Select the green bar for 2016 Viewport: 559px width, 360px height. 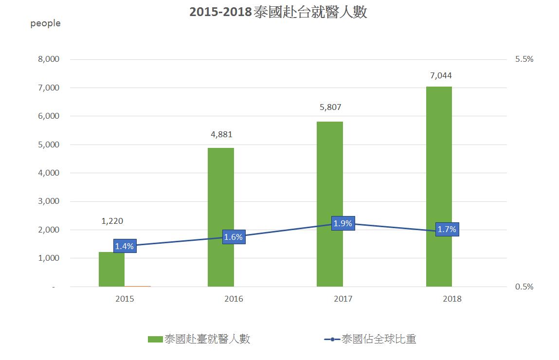(x=220, y=217)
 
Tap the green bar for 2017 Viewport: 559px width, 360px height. (x=329, y=204)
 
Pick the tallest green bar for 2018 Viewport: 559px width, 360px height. (x=439, y=186)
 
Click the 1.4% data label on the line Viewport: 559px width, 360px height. (x=125, y=246)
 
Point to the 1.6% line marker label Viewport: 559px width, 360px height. (x=234, y=237)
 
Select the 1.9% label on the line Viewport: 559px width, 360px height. (x=343, y=223)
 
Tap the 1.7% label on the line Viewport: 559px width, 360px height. (x=447, y=230)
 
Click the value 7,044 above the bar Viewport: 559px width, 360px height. (x=441, y=75)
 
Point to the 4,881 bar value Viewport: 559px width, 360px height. (x=222, y=135)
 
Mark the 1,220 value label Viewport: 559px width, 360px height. (x=112, y=221)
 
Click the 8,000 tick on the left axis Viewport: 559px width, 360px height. (x=48, y=59)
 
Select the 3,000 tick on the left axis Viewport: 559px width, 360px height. (x=48, y=201)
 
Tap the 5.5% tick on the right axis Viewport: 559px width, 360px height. (x=524, y=59)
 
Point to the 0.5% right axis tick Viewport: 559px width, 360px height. (x=524, y=287)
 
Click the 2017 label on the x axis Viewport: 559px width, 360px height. (x=343, y=299)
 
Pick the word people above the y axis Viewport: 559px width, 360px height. (x=45, y=23)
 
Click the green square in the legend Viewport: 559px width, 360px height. (x=155, y=339)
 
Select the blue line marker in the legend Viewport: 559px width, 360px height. (x=332, y=339)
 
